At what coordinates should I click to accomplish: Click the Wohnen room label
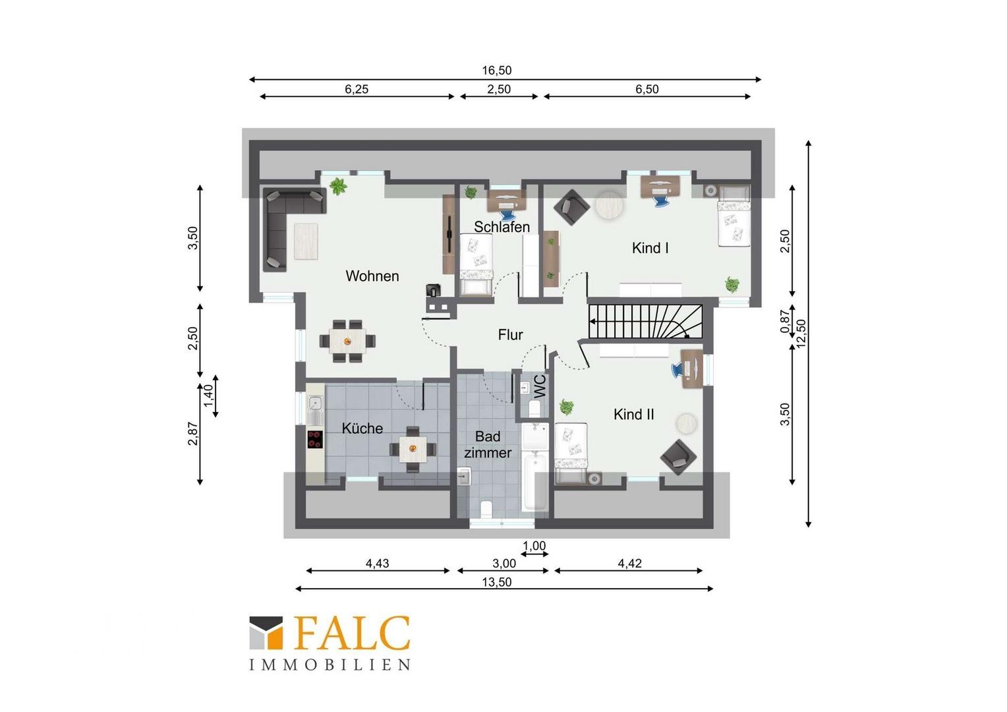[x=372, y=276]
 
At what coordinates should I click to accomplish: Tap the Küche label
[x=362, y=429]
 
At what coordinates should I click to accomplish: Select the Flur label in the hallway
[x=511, y=335]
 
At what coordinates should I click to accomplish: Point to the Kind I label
[x=650, y=248]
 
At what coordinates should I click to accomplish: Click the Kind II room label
[x=634, y=414]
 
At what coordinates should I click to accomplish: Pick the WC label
[x=539, y=386]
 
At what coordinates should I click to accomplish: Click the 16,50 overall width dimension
[x=497, y=70]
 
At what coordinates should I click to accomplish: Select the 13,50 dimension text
[x=497, y=582]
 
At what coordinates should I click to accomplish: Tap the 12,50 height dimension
[x=801, y=334]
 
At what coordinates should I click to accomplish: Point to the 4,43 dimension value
[x=377, y=563]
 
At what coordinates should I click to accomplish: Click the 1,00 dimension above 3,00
[x=534, y=546]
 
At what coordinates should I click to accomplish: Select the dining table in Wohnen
[x=347, y=341]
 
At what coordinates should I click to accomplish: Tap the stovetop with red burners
[x=315, y=440]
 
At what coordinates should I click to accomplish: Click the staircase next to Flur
[x=646, y=322]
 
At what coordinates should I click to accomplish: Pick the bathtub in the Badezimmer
[x=535, y=482]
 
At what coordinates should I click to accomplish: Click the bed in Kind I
[x=734, y=216]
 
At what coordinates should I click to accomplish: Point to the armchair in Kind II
[x=678, y=458]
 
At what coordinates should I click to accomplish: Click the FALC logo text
[x=351, y=633]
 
